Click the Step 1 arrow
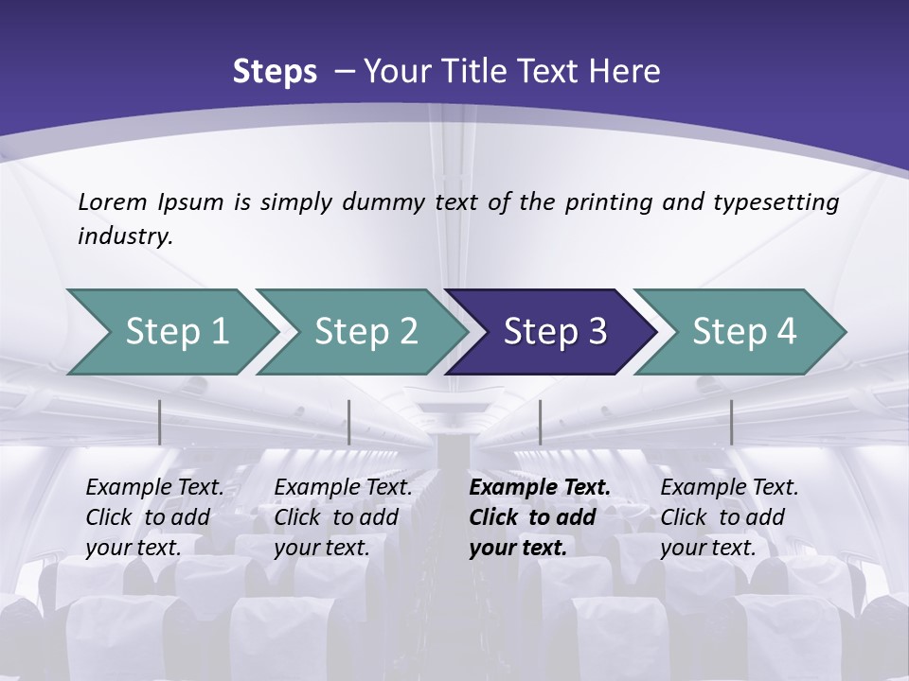click(x=170, y=332)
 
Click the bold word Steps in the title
click(x=275, y=72)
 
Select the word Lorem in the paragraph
click(x=113, y=201)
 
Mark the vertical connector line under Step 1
click(x=160, y=422)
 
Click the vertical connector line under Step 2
click(x=349, y=422)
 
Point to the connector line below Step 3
click(x=540, y=422)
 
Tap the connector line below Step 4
click(x=731, y=422)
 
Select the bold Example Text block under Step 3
click(x=540, y=517)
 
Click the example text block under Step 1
click(x=154, y=517)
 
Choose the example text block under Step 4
click(x=729, y=517)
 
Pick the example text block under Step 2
click(x=343, y=517)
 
